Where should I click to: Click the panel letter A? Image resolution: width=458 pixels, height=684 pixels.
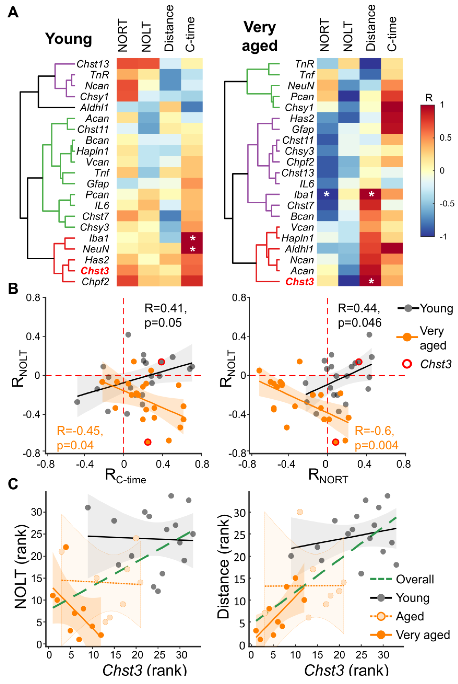coord(13,13)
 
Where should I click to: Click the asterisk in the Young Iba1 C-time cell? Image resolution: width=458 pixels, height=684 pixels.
coord(192,238)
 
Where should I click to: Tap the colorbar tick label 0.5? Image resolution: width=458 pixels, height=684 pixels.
coord(446,138)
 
